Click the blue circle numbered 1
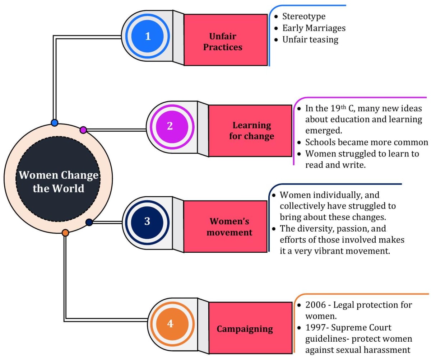click(148, 36)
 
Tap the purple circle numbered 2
click(170, 126)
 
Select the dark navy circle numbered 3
click(147, 221)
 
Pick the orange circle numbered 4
click(170, 324)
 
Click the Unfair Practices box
click(226, 40)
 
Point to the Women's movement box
click(225, 226)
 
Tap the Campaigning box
click(250, 328)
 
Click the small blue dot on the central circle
click(55, 123)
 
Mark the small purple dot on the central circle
click(83, 130)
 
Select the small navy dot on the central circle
click(89, 223)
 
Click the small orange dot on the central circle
click(65, 233)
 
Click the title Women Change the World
click(59, 182)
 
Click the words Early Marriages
click(314, 28)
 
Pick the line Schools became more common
click(366, 142)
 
